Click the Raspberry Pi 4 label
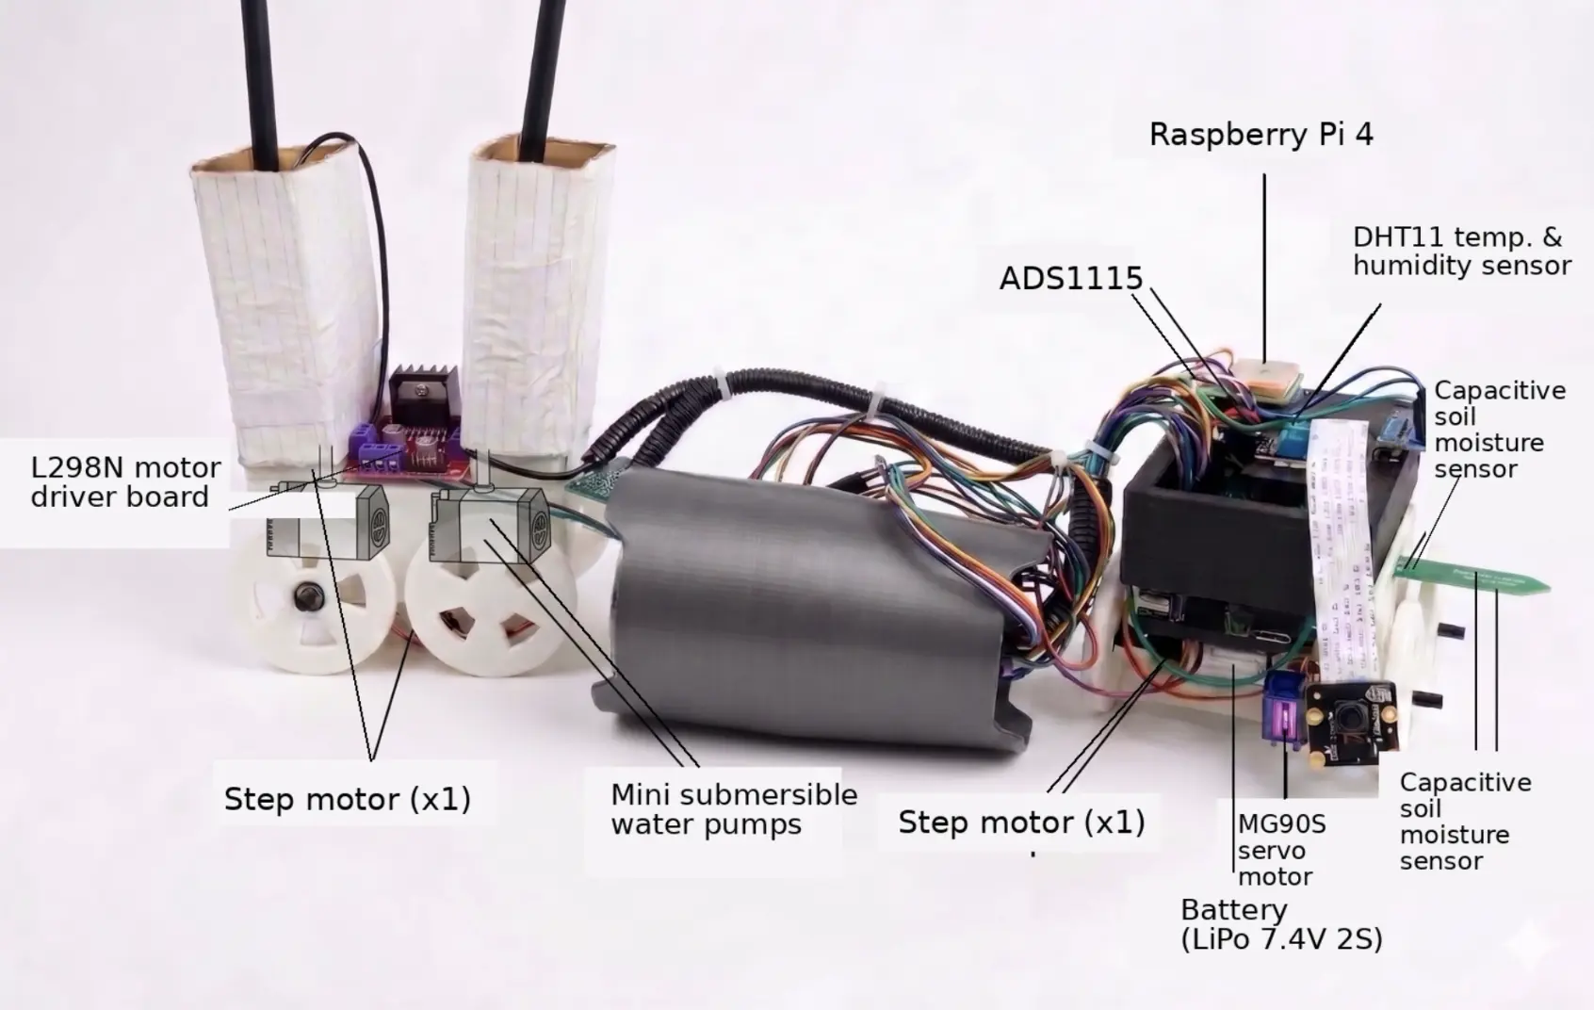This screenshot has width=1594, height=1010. point(1261,136)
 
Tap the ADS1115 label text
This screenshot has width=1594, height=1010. point(1070,278)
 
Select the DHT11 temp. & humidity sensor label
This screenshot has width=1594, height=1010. point(1462,252)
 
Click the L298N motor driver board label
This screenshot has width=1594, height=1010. point(125,482)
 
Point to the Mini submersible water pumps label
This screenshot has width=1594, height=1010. point(734,809)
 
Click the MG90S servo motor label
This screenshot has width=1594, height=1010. point(1281,850)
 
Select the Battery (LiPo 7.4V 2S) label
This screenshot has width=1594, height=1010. point(1281,924)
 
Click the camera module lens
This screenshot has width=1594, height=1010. point(1347,714)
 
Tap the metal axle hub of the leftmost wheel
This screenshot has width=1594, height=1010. point(310,594)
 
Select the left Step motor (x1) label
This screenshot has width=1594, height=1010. point(348,799)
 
